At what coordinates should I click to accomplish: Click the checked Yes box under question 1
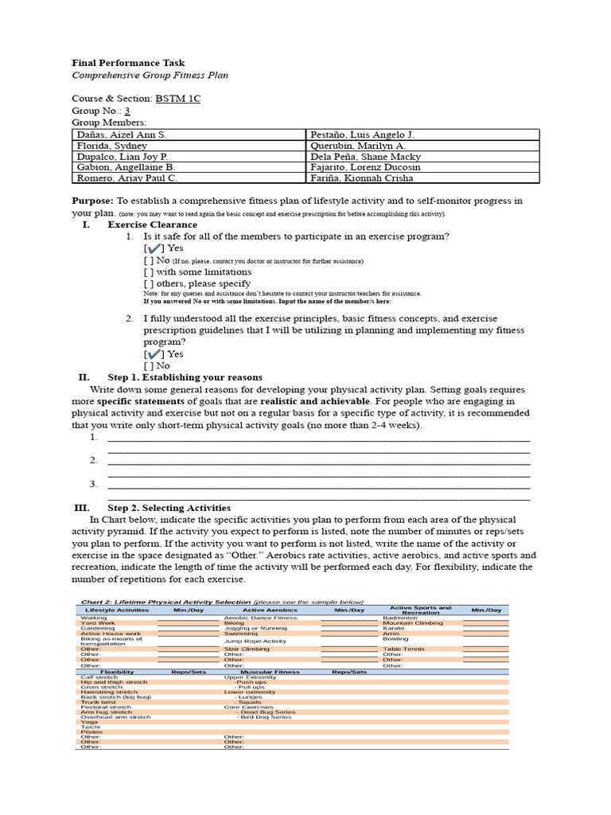click(x=154, y=248)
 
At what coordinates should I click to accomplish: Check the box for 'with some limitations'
click(x=149, y=271)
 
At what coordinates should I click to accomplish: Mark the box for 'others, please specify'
click(x=149, y=283)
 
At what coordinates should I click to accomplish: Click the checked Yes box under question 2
click(x=154, y=353)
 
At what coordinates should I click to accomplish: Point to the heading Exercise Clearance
click(x=152, y=225)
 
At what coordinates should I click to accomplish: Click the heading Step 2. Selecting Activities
click(x=169, y=508)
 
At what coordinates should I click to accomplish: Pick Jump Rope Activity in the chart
click(x=255, y=641)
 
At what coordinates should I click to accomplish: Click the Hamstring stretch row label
click(x=109, y=692)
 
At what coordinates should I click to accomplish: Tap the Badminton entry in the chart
click(x=399, y=618)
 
